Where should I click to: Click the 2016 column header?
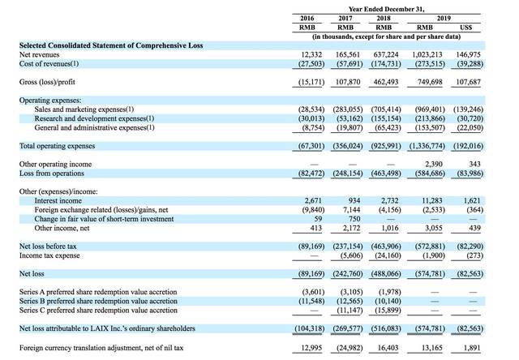coord(307,18)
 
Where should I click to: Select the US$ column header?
coord(466,28)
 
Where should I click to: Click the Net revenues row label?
coord(40,54)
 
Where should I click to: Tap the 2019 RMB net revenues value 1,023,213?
coord(427,54)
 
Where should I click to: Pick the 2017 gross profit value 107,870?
coord(348,82)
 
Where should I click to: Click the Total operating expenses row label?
coord(57,146)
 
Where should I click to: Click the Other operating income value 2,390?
coord(434,164)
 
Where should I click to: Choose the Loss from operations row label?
coord(52,174)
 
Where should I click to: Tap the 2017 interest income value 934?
coord(354,200)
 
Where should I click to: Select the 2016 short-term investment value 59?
coord(318,219)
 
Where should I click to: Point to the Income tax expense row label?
coord(49,255)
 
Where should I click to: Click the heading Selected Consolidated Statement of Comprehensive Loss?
coord(111,45)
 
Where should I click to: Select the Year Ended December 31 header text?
coord(386,9)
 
